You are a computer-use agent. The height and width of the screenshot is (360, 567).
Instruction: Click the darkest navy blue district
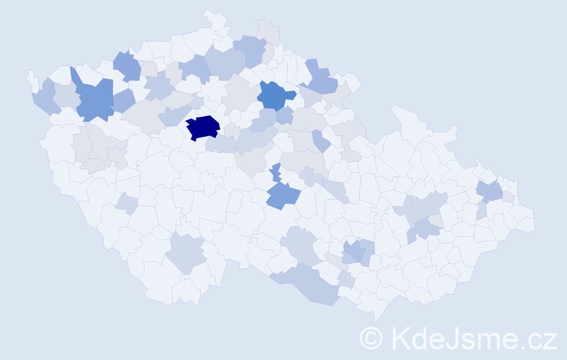tap(203, 127)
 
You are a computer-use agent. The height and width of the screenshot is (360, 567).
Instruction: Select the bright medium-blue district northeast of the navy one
tap(274, 94)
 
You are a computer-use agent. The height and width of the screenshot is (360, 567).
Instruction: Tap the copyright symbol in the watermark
tap(372, 337)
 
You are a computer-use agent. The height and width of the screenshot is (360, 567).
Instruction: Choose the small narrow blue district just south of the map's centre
tap(276, 173)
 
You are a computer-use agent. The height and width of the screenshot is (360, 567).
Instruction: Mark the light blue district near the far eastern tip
tap(491, 191)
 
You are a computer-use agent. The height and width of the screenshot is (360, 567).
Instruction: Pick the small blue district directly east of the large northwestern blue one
tap(122, 100)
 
